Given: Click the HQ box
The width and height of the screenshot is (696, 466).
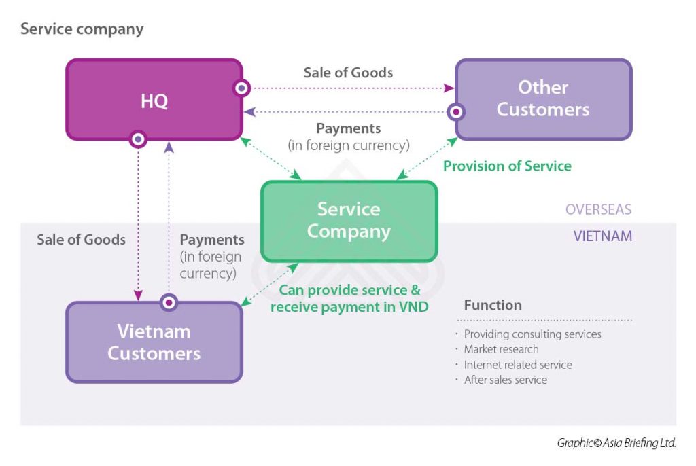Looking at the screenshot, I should [x=154, y=100].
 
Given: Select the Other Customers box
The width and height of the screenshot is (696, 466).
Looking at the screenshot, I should [x=543, y=99].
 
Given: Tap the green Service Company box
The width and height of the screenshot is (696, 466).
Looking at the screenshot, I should [x=349, y=220].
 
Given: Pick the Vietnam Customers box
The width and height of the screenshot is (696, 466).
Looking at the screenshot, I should [x=154, y=342].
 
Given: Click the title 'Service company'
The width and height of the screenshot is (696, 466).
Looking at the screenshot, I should [x=82, y=29].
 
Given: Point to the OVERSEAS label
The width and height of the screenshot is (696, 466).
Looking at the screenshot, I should [x=598, y=209].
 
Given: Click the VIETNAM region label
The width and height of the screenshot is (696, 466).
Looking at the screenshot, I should [x=602, y=236].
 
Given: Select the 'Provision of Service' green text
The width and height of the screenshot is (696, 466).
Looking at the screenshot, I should [x=507, y=166].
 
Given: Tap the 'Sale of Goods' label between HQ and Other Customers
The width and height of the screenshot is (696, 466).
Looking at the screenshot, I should [x=348, y=72].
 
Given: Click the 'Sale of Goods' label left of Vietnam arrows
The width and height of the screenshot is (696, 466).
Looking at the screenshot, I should [x=81, y=239].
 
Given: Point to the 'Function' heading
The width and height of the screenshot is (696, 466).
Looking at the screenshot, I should [x=493, y=305].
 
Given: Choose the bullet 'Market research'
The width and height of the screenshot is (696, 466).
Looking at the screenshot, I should [x=501, y=349].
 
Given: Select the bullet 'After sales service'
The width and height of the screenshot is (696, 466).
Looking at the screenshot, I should [x=505, y=380].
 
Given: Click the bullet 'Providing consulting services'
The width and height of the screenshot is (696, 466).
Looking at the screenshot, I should [x=532, y=334].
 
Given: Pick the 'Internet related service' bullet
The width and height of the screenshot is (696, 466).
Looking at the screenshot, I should [x=517, y=365].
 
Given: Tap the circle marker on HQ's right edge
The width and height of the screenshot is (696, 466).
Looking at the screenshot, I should [x=241, y=88].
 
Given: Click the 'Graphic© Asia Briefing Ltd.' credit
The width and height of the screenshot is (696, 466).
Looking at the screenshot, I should [x=616, y=442].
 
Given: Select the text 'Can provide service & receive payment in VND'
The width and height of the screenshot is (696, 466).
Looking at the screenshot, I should [x=349, y=299].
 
